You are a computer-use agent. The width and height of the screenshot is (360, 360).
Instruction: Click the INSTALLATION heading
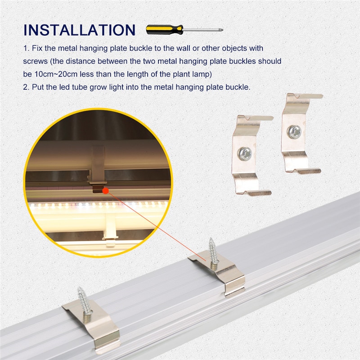tap(80, 30)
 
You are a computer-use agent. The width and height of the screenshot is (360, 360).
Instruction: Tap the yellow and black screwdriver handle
tap(164, 30)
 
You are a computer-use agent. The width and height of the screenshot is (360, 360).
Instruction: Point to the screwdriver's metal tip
tap(221, 30)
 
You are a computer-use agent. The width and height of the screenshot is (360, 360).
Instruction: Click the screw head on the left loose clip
tap(245, 153)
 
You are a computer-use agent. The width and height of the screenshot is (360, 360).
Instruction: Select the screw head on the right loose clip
tap(294, 132)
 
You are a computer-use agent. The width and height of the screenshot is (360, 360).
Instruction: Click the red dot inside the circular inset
tap(105, 190)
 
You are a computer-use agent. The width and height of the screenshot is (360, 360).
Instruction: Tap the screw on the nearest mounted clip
tap(85, 301)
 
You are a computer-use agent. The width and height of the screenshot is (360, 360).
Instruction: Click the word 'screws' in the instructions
tap(36, 62)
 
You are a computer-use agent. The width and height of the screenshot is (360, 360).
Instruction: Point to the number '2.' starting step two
tap(26, 87)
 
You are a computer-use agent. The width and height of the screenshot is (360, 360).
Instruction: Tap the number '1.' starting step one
tap(27, 48)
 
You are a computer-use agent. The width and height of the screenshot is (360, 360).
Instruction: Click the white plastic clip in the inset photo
tap(110, 229)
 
